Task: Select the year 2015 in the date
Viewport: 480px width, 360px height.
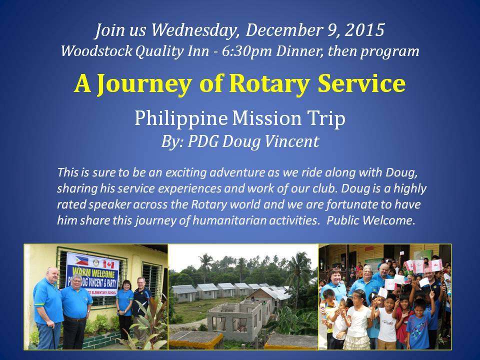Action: [364, 30]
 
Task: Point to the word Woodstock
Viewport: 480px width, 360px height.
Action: [96, 51]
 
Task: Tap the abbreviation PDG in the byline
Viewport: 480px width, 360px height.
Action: [202, 141]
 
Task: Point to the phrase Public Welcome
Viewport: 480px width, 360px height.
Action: [370, 220]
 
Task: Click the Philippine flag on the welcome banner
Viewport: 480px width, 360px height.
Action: [81, 260]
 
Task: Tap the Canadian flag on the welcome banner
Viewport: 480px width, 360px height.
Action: [108, 264]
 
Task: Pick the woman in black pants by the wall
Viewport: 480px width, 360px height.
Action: [124, 309]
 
